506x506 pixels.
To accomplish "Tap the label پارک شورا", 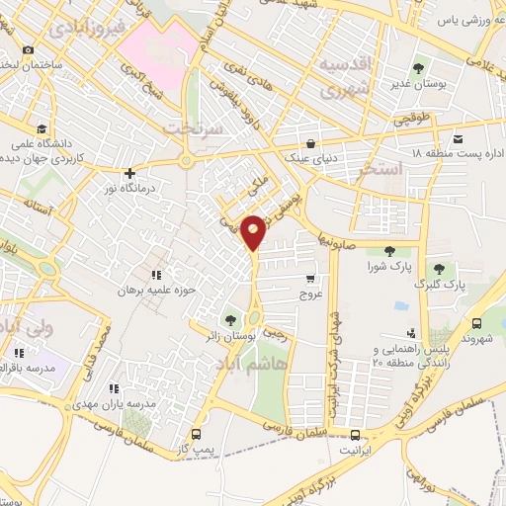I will tap(387, 268).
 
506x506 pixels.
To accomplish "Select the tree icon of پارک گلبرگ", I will tap(438, 268).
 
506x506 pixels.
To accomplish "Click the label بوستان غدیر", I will tap(417, 85).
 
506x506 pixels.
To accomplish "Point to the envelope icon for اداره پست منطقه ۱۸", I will tap(457, 138).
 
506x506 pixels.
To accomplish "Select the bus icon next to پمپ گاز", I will tap(196, 434).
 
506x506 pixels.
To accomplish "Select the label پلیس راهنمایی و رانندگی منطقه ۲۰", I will tap(401, 357).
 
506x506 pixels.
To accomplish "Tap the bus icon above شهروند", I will tap(478, 323).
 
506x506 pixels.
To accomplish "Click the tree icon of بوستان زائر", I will tap(230, 319).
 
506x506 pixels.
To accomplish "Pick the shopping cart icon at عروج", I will tap(311, 279).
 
